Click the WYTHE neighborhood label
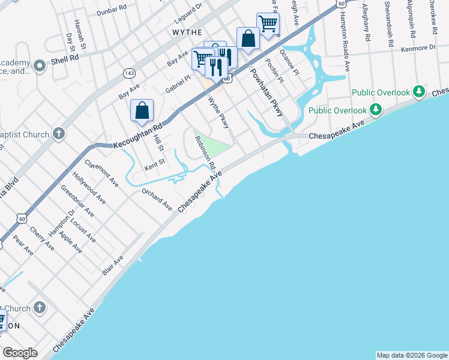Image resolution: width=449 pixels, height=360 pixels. point(187,31)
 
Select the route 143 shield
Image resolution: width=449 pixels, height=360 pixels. point(129,73)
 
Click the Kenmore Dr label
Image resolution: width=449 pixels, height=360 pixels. point(419,47)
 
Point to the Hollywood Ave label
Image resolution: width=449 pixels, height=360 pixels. point(89,188)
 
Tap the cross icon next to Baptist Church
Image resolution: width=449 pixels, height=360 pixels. point(58,133)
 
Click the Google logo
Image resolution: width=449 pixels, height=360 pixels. point(20,353)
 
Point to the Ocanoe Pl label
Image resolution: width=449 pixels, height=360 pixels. point(289,66)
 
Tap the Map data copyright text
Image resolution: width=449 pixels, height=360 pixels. point(412,355)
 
